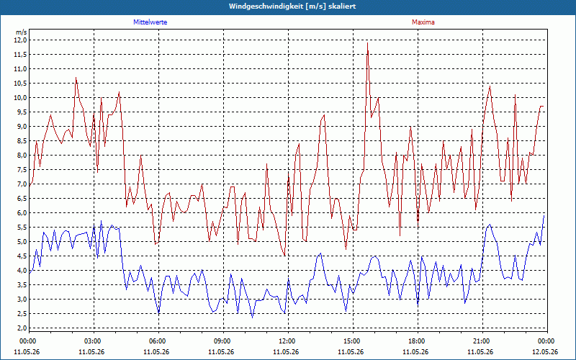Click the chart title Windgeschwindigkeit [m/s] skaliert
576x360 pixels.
292,6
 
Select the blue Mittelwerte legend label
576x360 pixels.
150,22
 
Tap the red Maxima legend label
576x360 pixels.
423,22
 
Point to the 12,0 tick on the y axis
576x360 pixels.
20,40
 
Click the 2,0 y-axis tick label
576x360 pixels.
22,328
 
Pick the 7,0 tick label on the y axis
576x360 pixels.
22,184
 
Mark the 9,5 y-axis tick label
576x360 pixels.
22,112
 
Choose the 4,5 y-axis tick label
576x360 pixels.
22,256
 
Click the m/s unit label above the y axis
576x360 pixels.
21,32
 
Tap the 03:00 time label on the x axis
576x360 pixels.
94,341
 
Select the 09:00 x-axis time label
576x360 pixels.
223,341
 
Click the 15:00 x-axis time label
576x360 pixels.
353,341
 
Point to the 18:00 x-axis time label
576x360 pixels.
418,341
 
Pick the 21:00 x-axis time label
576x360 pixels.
482,341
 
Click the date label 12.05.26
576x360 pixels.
545,351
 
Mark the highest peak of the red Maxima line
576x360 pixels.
367,43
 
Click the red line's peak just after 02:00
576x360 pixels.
76,78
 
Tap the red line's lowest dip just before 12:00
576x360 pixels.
284,256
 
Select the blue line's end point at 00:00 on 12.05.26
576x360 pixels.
544,215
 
